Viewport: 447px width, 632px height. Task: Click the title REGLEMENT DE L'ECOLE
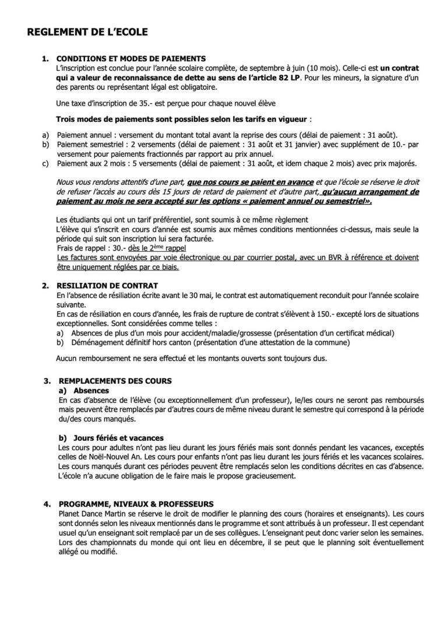87,33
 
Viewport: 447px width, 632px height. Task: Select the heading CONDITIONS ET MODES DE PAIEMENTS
131,58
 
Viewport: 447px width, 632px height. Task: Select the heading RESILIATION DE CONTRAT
107,286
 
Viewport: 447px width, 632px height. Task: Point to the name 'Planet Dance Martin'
93,514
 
